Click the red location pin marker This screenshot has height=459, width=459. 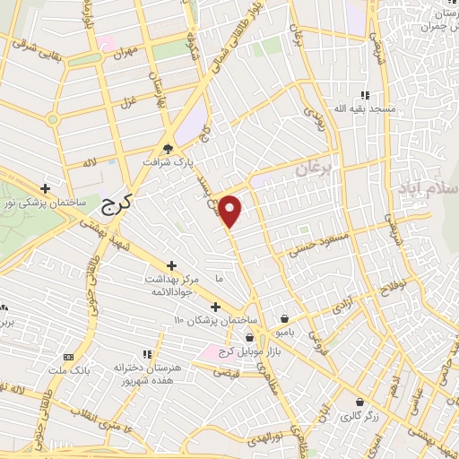tap(231, 211)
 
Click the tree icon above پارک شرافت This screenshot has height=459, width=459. tap(168, 150)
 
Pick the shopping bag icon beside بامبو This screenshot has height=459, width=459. tap(284, 318)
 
